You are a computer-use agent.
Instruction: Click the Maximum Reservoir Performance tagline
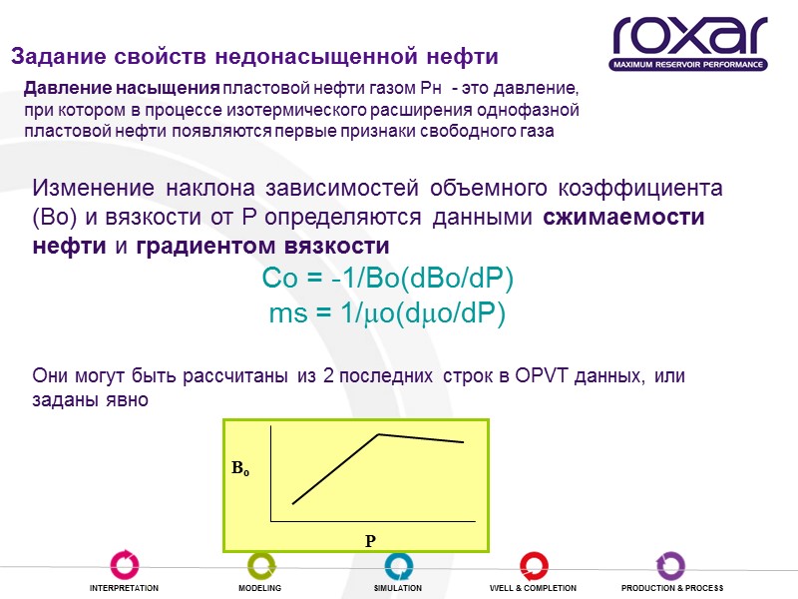pos(689,65)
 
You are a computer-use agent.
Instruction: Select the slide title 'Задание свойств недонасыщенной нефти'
pos(253,54)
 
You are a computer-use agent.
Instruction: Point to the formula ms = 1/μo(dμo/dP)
pos(388,312)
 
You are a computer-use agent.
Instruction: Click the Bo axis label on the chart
pos(240,467)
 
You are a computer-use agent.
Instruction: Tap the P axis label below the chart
pos(369,540)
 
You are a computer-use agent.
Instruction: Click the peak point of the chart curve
pos(379,434)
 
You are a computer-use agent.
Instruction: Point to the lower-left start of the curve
pos(293,502)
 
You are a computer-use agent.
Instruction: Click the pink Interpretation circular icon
pos(124,565)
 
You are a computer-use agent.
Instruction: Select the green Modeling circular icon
pos(260,565)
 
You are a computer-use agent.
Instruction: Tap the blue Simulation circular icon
pos(397,565)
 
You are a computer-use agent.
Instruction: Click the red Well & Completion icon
pos(534,565)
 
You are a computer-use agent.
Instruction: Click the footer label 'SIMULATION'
pos(397,589)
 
